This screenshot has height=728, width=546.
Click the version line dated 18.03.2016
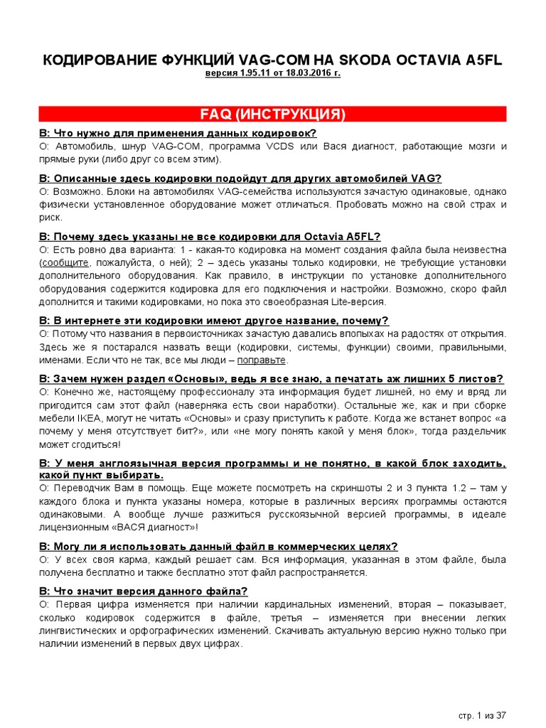(x=273, y=73)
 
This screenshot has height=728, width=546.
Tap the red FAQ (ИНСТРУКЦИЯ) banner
(x=273, y=114)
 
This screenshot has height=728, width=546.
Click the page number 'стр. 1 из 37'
(x=481, y=714)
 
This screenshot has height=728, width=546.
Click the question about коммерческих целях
(x=218, y=546)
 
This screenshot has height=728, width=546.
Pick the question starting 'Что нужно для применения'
(x=178, y=134)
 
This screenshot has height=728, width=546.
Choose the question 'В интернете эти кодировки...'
(x=213, y=321)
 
